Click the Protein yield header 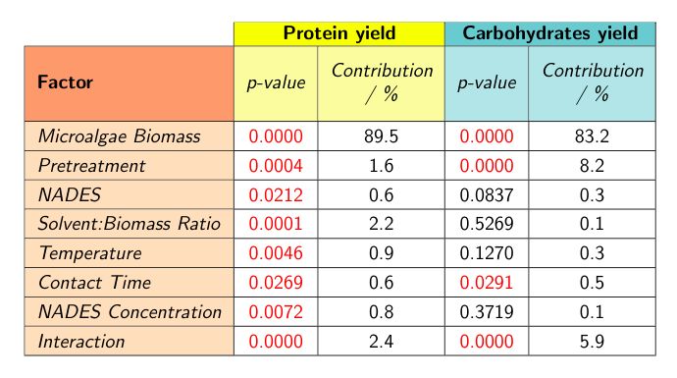click(x=338, y=32)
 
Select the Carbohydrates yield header click(x=549, y=32)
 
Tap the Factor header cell click(x=65, y=82)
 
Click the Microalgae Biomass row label click(x=118, y=135)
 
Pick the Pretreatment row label click(x=91, y=165)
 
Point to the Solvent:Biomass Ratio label click(x=130, y=224)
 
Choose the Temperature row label click(x=90, y=253)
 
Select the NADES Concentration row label click(x=130, y=312)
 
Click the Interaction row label click(x=81, y=342)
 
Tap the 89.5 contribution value click(x=382, y=135)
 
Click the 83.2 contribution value click(x=593, y=135)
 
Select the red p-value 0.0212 click(x=276, y=194)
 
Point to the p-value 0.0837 click(x=487, y=194)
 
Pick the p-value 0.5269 click(x=487, y=224)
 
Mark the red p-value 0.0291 click(x=487, y=283)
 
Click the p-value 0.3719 click(x=487, y=312)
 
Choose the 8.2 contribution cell click(x=593, y=165)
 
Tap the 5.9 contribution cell click(x=593, y=342)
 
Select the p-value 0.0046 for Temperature click(x=276, y=253)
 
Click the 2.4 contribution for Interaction click(x=382, y=342)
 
